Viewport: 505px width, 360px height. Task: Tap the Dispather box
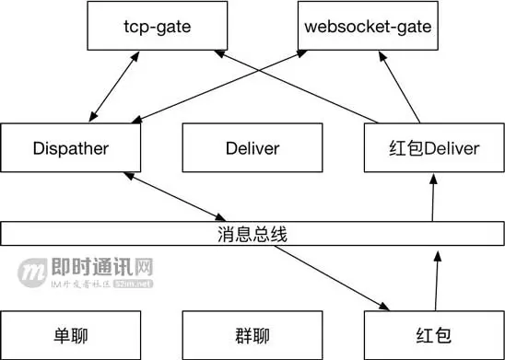coord(71,149)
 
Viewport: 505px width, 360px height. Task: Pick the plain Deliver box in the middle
coord(252,149)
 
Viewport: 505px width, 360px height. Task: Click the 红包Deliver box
coord(433,149)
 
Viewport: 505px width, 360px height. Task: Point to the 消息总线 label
coord(252,234)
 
